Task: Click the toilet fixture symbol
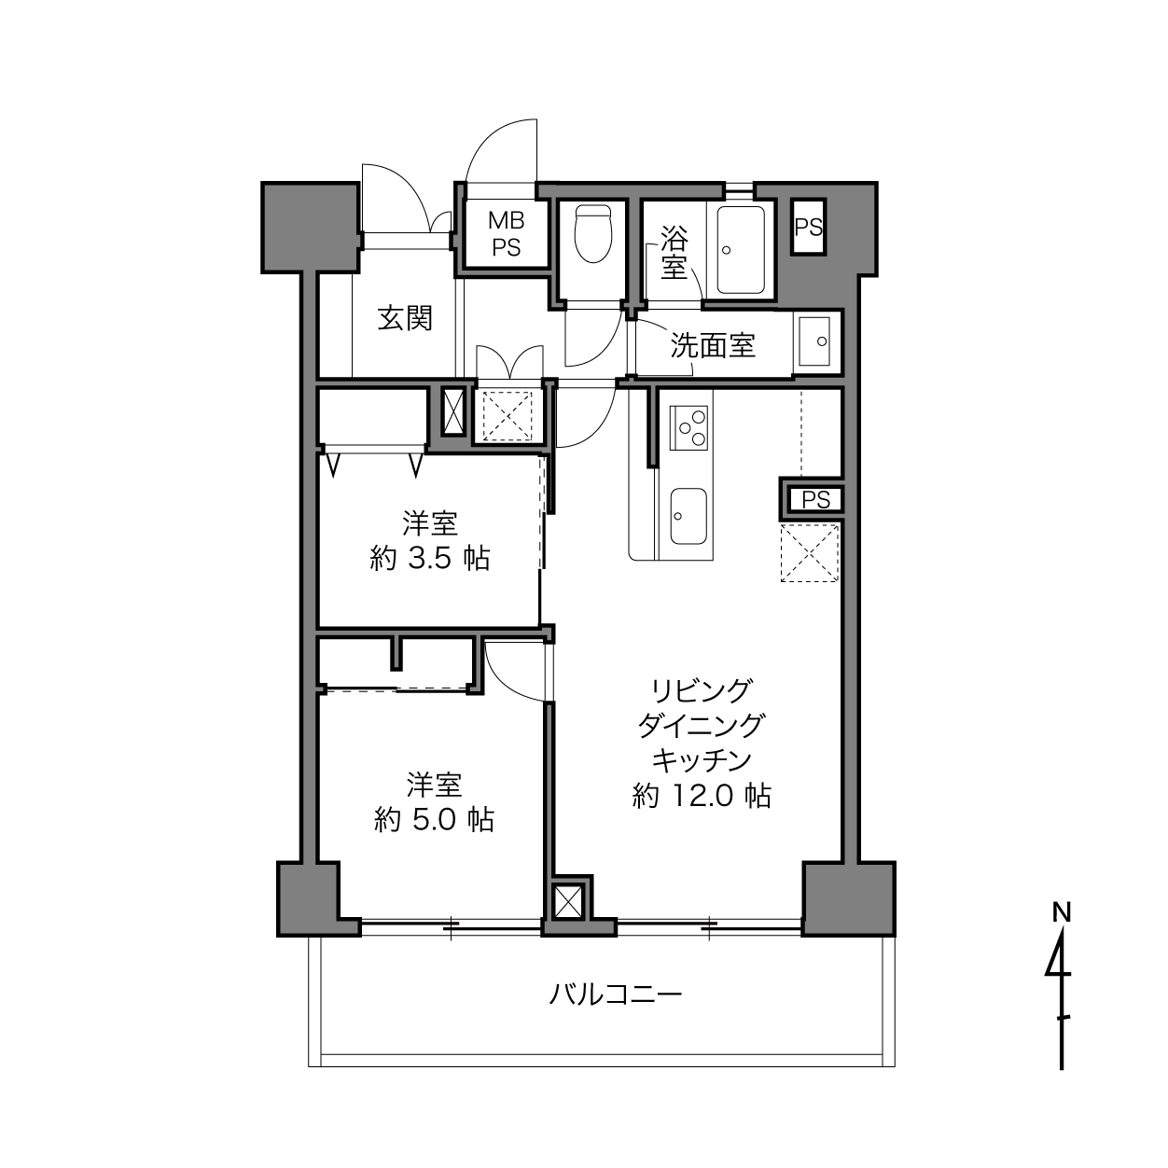coord(592,233)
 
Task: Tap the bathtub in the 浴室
coord(740,250)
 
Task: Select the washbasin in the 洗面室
coord(814,341)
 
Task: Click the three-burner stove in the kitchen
coord(688,428)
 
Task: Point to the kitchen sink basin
coord(688,516)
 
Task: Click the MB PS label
coord(507,234)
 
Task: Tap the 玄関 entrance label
coord(405,319)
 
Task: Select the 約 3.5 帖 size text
coord(430,558)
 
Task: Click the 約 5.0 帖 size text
coord(434,821)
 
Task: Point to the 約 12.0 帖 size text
coord(702,795)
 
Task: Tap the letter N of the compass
coord(1062,912)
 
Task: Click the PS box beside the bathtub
coord(809,228)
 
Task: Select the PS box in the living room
coord(815,500)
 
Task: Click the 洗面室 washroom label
coord(712,345)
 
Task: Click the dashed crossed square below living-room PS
coord(809,553)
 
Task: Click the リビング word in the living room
coord(702,690)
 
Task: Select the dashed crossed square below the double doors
coord(507,416)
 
